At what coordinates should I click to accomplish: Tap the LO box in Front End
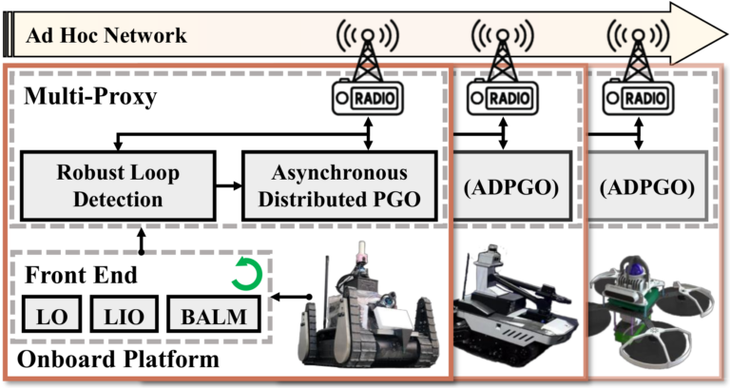pos(47,315)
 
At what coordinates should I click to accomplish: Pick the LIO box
pos(118,315)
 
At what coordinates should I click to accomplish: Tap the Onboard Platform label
pos(114,360)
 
